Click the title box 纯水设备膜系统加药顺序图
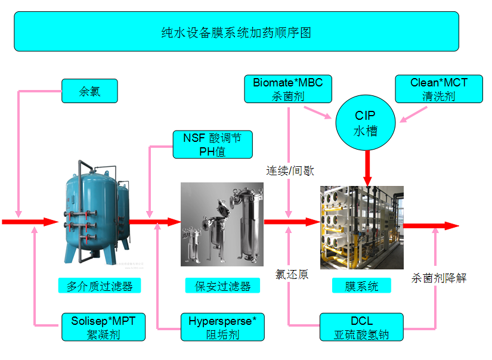tap(236, 32)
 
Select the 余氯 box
tap(89, 91)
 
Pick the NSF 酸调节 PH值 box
tap(212, 145)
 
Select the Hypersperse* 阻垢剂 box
tap(222, 327)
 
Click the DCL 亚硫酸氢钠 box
tap(361, 327)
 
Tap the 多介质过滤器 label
tap(100, 286)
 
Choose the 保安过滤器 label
tap(222, 286)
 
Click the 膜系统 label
tap(361, 286)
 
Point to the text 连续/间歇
tap(290, 170)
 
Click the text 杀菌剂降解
tap(439, 278)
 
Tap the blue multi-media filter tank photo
tap(95, 212)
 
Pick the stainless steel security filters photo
tap(222, 224)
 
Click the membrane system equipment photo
tap(361, 227)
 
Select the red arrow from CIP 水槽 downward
tap(367, 167)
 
